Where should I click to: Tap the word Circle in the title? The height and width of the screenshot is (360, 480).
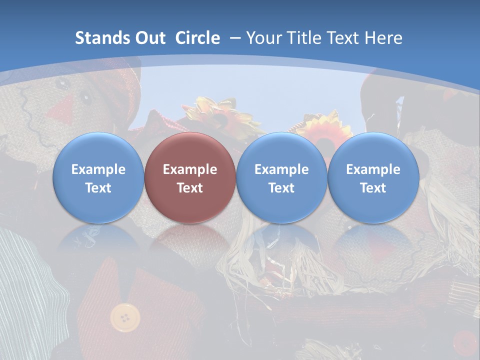pyautogui.click(x=197, y=38)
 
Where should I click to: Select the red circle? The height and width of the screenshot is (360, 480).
pyautogui.click(x=190, y=178)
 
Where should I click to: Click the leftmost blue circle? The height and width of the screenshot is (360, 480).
pyautogui.click(x=98, y=178)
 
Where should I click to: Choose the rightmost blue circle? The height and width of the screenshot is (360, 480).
pyautogui.click(x=373, y=178)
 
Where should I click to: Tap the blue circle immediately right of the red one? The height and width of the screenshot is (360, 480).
pyautogui.click(x=281, y=178)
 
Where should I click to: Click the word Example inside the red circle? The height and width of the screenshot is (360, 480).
pyautogui.click(x=190, y=169)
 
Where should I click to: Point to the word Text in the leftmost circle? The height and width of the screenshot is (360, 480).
pyautogui.click(x=98, y=188)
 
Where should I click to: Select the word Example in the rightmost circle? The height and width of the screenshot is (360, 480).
pyautogui.click(x=373, y=169)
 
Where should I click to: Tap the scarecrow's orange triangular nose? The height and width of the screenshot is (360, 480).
pyautogui.click(x=63, y=106)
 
